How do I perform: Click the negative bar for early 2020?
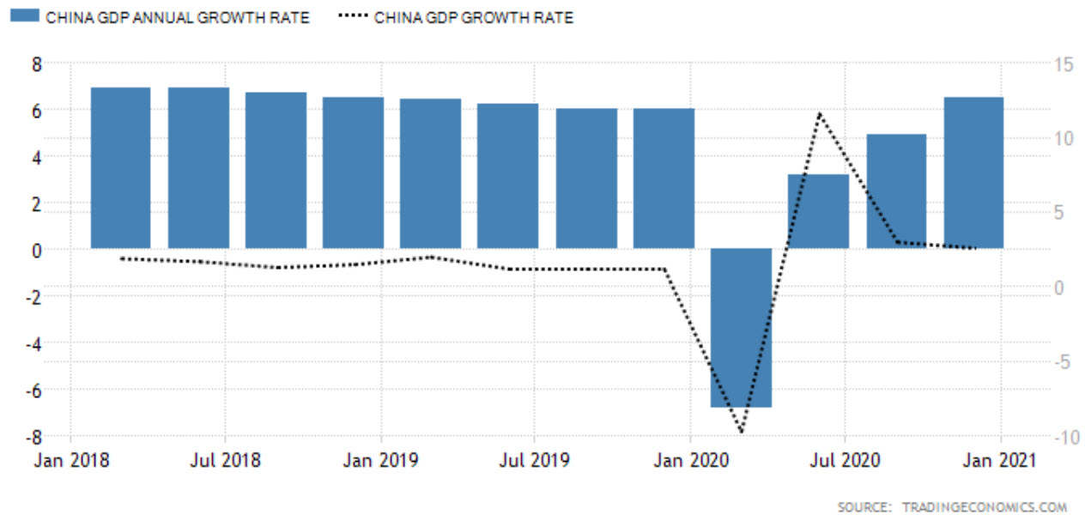click(x=742, y=327)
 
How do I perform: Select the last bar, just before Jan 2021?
click(x=973, y=173)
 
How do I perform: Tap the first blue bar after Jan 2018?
click(x=121, y=167)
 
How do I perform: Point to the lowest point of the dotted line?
click(x=741, y=431)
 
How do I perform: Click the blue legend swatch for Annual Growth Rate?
click(x=25, y=17)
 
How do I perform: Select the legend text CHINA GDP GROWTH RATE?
click(x=474, y=17)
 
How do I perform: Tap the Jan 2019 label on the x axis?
click(x=380, y=461)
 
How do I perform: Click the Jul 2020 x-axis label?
click(x=846, y=461)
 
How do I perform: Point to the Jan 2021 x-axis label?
click(x=1001, y=461)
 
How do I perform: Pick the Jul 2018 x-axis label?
click(x=225, y=461)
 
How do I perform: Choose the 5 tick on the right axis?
click(x=1058, y=213)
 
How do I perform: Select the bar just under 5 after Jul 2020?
click(x=896, y=191)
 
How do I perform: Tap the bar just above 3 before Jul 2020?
click(x=818, y=211)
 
